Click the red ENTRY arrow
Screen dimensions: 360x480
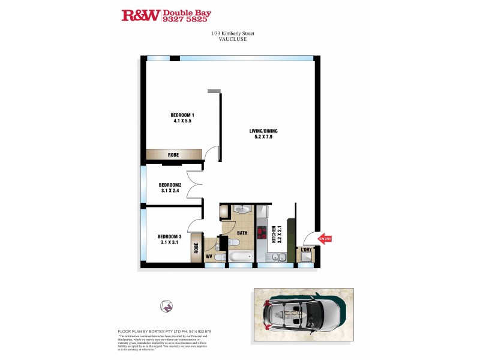click(x=324, y=239)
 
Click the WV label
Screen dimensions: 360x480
click(x=209, y=257)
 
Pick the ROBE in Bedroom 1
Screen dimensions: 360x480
click(x=173, y=155)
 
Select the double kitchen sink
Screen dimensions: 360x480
click(x=278, y=257)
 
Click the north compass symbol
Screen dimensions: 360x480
click(x=166, y=306)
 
